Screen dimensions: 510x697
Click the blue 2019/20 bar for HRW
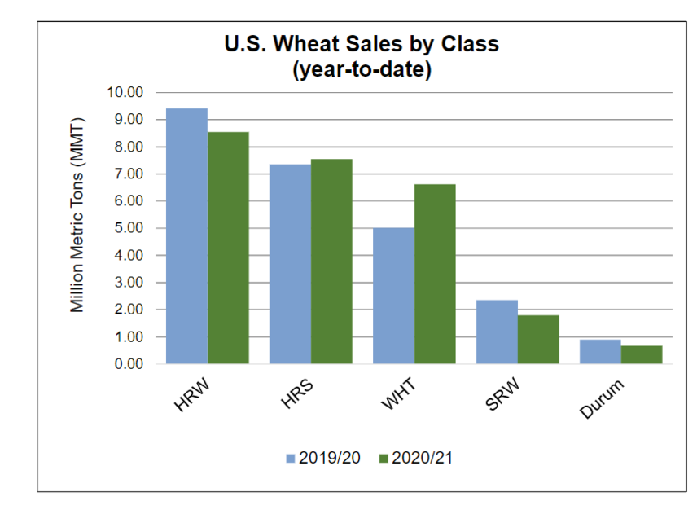click(186, 236)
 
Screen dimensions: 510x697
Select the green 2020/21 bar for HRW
click(228, 248)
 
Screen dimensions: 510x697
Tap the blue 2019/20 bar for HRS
click(290, 264)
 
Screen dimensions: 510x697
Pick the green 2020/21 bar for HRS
click(331, 262)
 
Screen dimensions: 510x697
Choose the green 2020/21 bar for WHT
click(435, 274)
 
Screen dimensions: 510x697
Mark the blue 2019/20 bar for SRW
click(497, 332)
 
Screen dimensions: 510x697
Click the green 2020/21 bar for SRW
click(538, 339)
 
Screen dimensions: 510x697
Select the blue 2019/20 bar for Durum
click(600, 351)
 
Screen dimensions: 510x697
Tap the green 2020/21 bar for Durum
click(642, 354)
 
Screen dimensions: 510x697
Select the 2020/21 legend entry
click(414, 457)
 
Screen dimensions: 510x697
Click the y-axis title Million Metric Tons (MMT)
click(77, 228)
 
